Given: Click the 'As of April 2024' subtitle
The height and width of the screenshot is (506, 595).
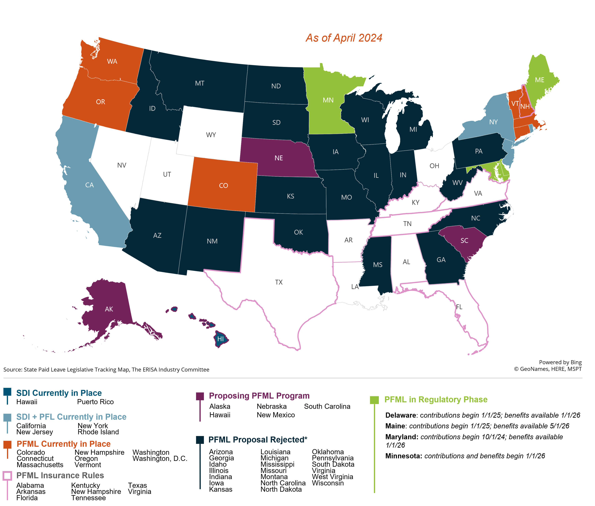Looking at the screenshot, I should (x=344, y=38).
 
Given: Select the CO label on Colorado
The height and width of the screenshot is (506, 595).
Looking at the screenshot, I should (x=223, y=186).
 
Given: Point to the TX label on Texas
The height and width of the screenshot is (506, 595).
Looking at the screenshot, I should (x=279, y=282).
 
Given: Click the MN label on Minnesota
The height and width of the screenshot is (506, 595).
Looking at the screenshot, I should (x=328, y=100).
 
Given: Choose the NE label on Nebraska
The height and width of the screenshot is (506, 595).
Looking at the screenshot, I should (x=279, y=158).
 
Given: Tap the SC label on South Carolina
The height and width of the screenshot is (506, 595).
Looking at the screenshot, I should (x=464, y=241).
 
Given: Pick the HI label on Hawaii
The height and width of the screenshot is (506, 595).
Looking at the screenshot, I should (x=220, y=339).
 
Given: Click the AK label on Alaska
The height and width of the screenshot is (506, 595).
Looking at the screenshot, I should (x=109, y=309).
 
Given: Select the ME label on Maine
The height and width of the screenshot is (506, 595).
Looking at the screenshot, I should (x=540, y=80).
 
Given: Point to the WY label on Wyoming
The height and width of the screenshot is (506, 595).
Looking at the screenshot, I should (x=211, y=135).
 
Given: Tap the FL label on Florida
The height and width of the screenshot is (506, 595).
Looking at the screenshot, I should (x=459, y=307).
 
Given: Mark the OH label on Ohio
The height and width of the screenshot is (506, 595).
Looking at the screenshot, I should (x=434, y=166).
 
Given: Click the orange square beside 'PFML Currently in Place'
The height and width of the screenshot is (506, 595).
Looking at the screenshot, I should (x=7, y=445).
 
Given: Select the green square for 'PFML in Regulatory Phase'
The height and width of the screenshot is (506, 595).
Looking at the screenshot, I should (x=374, y=400).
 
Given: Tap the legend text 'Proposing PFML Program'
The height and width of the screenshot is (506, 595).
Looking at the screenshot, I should (x=259, y=396).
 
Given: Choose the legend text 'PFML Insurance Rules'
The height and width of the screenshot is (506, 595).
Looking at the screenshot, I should (x=60, y=476).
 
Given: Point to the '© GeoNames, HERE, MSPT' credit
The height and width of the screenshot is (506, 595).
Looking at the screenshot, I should (x=548, y=369).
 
